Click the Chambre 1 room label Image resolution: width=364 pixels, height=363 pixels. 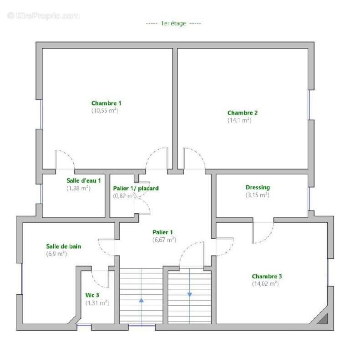[106, 103]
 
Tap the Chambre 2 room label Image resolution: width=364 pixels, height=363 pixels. [243, 112]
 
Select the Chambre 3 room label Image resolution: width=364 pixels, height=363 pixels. [267, 276]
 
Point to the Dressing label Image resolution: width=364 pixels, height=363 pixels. [258, 187]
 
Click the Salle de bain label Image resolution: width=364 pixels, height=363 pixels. [64, 246]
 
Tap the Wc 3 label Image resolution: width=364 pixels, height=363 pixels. [92, 295]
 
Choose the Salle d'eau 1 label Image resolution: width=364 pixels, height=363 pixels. [84, 180]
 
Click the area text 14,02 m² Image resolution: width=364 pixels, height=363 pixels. [265, 284]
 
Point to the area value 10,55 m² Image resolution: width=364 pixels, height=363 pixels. [105, 111]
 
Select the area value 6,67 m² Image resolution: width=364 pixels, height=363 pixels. [164, 240]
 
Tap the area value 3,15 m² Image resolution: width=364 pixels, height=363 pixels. [258, 195]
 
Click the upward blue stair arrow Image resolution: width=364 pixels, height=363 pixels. [141, 300]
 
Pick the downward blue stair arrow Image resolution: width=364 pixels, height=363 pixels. [190, 295]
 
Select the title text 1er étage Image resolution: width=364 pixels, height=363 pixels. [174, 24]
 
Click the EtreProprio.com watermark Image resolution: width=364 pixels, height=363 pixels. [43, 16]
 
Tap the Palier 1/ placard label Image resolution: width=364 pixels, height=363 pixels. [136, 188]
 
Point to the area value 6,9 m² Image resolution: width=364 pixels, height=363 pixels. [56, 254]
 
